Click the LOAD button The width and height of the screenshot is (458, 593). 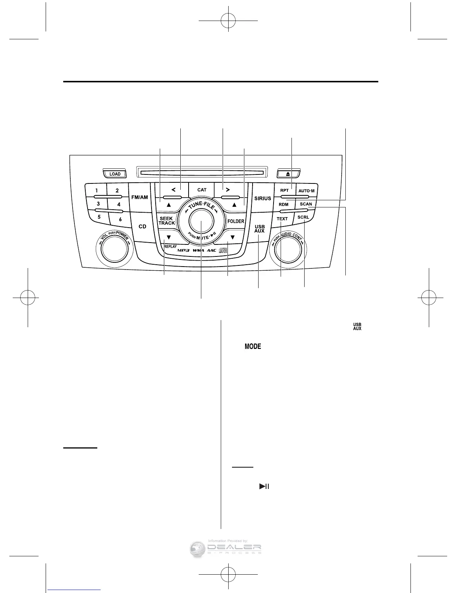coord(115,174)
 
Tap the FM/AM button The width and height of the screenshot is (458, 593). coord(139,197)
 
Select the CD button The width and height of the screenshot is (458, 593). coord(143,226)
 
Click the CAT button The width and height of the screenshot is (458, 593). coord(202,190)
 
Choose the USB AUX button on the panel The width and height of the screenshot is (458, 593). coord(260,229)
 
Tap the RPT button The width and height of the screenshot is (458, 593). coord(284,191)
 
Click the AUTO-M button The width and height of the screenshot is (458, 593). coord(306,191)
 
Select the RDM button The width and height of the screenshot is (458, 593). coord(284,204)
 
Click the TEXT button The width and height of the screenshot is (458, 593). coord(282,219)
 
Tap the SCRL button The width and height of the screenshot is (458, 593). coord(303,217)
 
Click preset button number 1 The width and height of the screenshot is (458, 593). coord(97,191)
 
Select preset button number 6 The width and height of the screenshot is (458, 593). coord(120,219)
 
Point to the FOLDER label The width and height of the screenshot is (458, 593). coord(236,221)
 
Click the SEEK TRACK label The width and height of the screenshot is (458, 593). coord(167,221)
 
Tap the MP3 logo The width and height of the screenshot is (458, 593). coord(183,250)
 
